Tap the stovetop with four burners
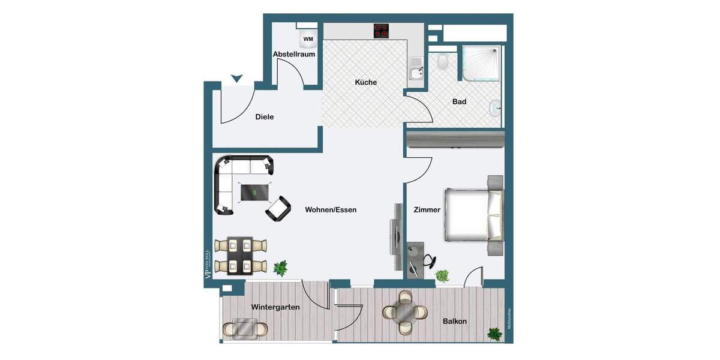click(x=382, y=31)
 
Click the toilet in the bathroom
click(x=443, y=61)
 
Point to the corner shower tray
click(x=481, y=64)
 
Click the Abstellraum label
click(x=294, y=54)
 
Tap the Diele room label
click(x=265, y=117)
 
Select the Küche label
click(x=366, y=82)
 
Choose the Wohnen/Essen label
click(x=331, y=210)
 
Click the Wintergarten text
click(x=275, y=307)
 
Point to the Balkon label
click(x=455, y=322)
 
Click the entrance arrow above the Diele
click(x=237, y=78)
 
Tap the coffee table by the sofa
click(x=253, y=192)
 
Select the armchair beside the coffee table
click(x=278, y=208)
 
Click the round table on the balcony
click(x=405, y=312)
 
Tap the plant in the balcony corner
click(x=495, y=334)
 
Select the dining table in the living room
click(x=240, y=255)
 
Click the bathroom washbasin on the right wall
click(x=496, y=108)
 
